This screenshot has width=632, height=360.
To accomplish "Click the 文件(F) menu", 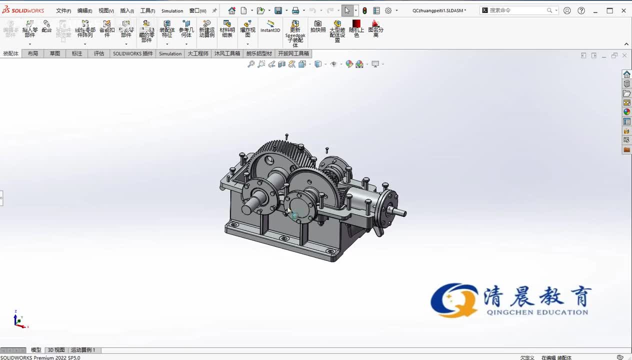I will pyautogui.click(x=63, y=10).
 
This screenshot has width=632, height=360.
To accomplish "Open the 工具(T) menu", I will pyautogui.click(x=147, y=10).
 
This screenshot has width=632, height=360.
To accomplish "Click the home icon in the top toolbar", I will pyautogui.click(x=231, y=10).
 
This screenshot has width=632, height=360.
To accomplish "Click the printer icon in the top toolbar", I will pyautogui.click(x=295, y=10).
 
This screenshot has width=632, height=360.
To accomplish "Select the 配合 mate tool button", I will pyautogui.click(x=46, y=26).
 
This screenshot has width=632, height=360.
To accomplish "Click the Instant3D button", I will pyautogui.click(x=270, y=26).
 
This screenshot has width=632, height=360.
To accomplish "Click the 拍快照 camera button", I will pyautogui.click(x=317, y=26).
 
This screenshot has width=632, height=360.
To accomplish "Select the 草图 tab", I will pyautogui.click(x=54, y=53).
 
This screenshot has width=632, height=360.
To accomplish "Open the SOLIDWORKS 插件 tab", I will pyautogui.click(x=132, y=53).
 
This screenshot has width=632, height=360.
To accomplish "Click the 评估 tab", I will pyautogui.click(x=99, y=53).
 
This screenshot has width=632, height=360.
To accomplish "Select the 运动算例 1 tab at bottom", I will pyautogui.click(x=83, y=350).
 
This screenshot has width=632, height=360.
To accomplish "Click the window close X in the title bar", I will pyautogui.click(x=623, y=10).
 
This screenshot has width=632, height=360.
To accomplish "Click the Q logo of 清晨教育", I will pyautogui.click(x=453, y=300).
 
